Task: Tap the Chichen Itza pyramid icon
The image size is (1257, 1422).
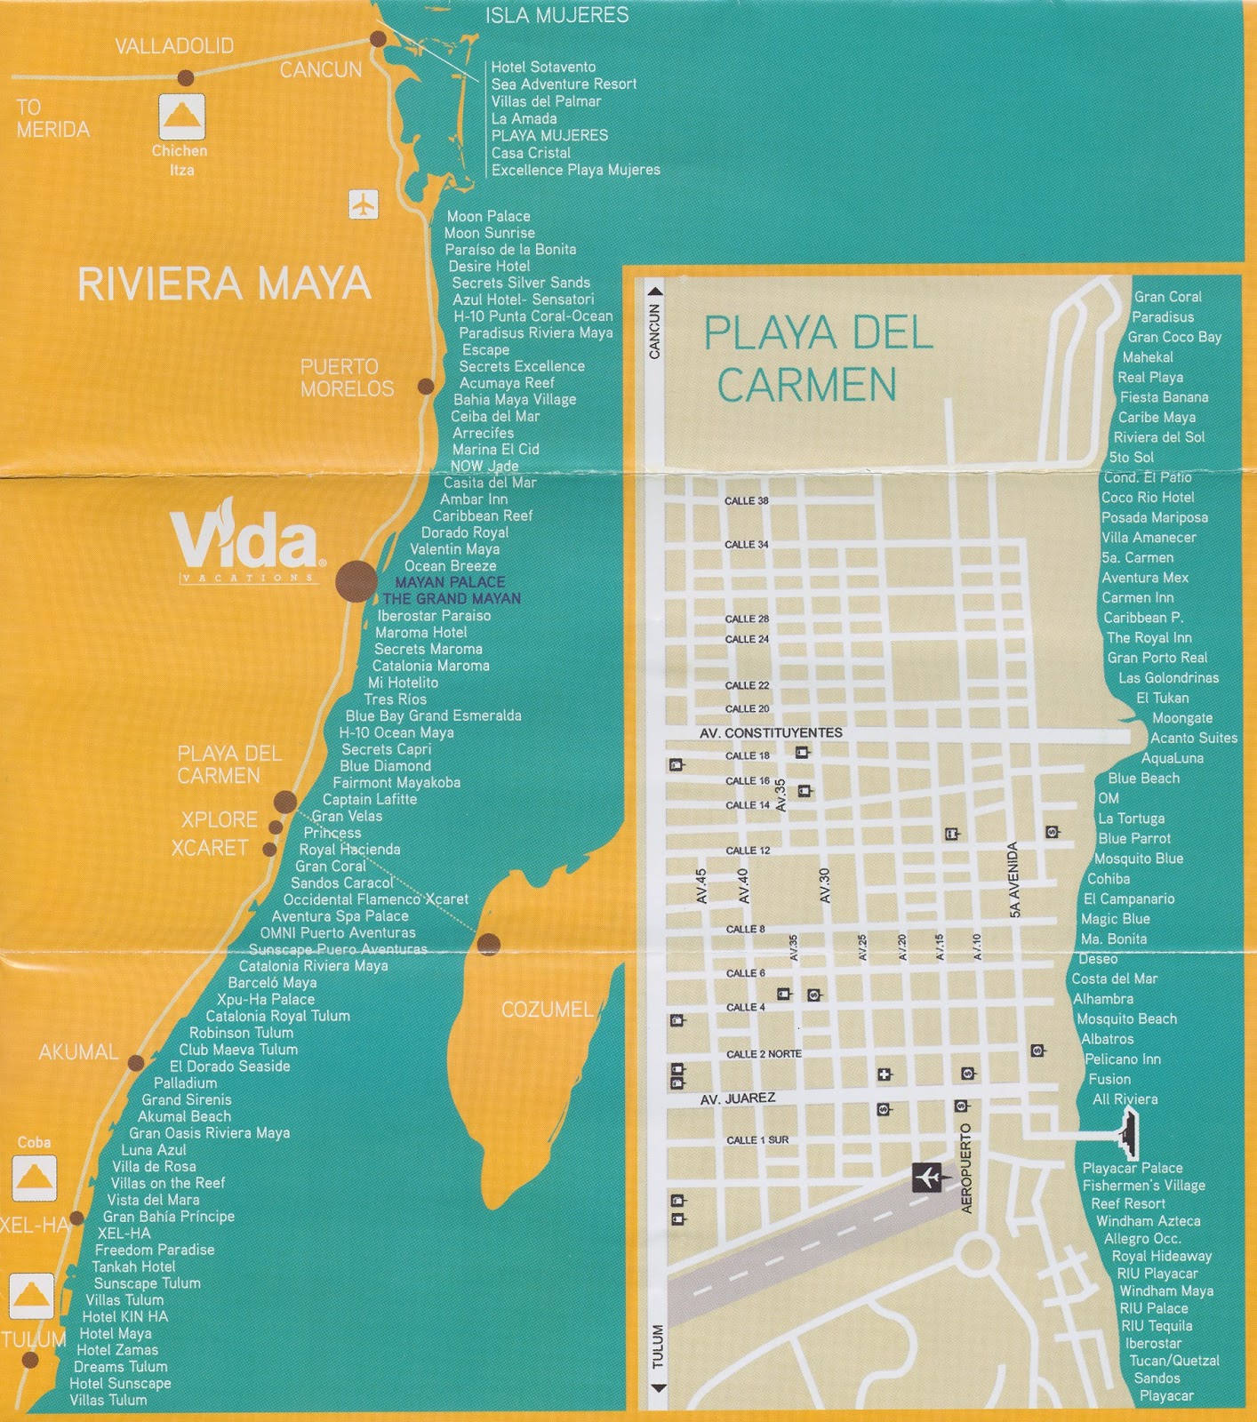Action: tap(181, 116)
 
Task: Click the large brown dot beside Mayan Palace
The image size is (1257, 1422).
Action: tap(356, 581)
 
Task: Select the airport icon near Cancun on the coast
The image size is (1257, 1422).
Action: tap(363, 204)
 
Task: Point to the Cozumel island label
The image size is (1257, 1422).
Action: tap(547, 1010)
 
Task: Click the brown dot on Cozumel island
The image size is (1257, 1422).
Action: tap(488, 944)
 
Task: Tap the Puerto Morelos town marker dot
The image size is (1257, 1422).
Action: tap(426, 387)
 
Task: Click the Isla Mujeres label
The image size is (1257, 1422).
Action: tap(556, 15)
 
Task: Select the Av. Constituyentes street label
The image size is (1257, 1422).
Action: tap(771, 733)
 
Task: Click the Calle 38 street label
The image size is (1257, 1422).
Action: tap(746, 501)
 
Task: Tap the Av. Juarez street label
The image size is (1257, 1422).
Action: tap(737, 1099)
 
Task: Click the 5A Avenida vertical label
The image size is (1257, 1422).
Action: tap(1013, 880)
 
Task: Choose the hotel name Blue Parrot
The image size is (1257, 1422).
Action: tap(1133, 838)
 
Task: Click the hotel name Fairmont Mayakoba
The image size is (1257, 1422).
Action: tap(396, 783)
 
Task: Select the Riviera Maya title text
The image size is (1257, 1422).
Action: tap(224, 284)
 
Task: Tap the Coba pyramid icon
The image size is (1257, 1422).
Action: tap(35, 1178)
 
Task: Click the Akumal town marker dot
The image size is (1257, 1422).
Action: tap(136, 1063)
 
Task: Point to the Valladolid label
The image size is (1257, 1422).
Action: tap(174, 46)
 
